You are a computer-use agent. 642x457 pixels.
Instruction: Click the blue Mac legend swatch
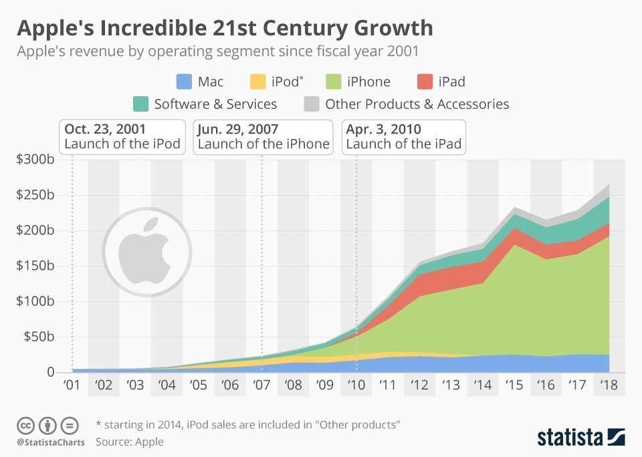tap(184, 82)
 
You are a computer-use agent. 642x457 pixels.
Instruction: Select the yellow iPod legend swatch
tap(257, 82)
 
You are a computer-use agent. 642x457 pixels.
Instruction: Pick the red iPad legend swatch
tap(425, 82)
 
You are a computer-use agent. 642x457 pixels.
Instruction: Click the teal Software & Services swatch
tap(140, 104)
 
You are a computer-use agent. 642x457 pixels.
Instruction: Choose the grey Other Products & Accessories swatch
tap(312, 104)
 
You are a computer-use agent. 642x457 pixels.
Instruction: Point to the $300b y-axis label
tap(35, 160)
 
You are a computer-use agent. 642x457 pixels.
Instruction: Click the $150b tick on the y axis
tap(35, 266)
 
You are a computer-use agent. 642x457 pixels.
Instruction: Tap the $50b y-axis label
tap(38, 337)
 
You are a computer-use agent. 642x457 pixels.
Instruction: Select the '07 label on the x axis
tap(261, 386)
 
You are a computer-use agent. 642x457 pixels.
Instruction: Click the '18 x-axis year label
tap(609, 386)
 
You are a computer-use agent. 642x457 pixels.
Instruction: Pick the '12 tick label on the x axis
tap(419, 386)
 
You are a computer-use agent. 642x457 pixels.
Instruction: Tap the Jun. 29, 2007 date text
tap(238, 129)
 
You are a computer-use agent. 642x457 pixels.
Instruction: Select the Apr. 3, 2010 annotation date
tap(384, 129)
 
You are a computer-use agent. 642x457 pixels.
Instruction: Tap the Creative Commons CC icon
tap(26, 425)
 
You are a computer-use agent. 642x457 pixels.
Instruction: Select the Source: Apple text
tap(130, 442)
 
